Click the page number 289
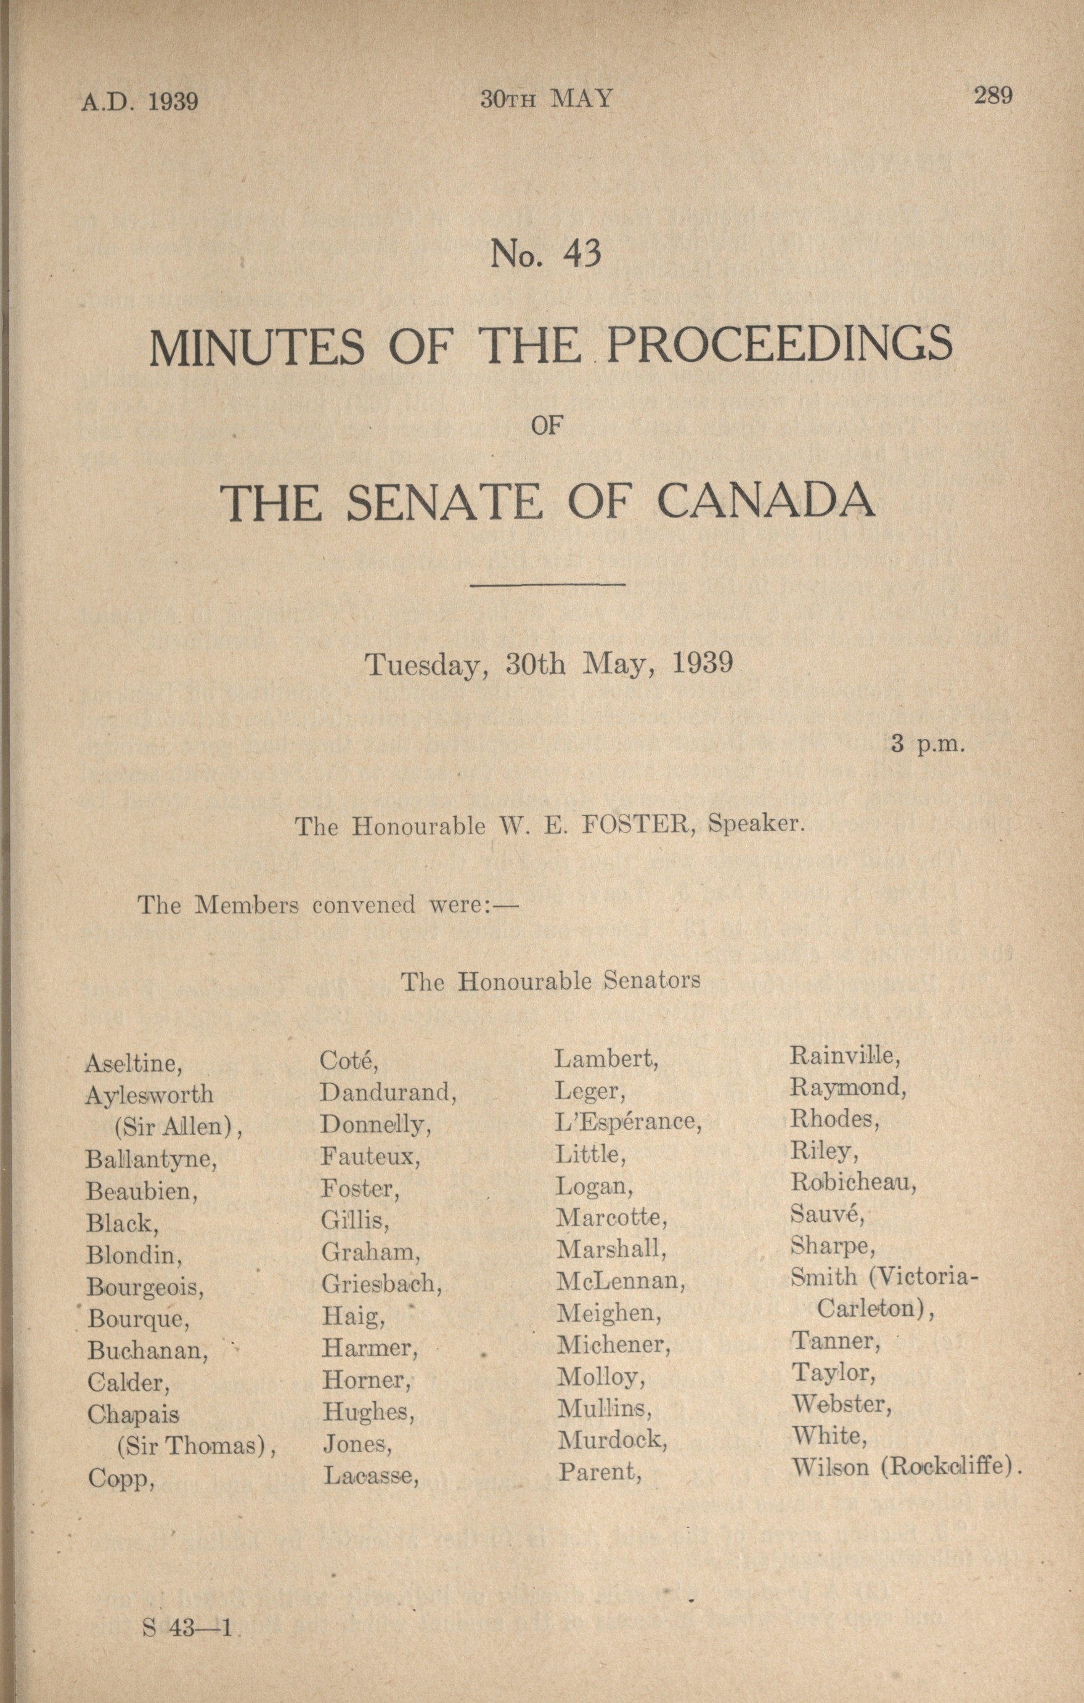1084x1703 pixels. pos(993,96)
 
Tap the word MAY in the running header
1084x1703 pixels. pos(581,99)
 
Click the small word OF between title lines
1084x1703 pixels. pos(545,426)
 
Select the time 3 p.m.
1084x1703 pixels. pos(927,745)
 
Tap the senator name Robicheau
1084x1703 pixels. pos(854,1182)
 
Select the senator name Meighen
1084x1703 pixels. pos(608,1314)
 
